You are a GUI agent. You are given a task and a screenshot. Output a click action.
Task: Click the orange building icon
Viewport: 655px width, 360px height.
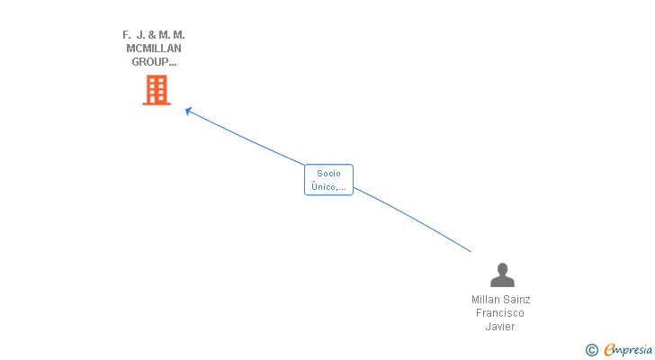pyautogui.click(x=157, y=90)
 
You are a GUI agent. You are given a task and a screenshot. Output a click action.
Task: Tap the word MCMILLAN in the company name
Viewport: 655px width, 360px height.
pyautogui.click(x=154, y=49)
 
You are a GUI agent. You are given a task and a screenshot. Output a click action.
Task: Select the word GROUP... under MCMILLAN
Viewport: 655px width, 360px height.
pyautogui.click(x=154, y=63)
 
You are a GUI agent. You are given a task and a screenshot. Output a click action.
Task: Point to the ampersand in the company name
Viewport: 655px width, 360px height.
pyautogui.click(x=152, y=35)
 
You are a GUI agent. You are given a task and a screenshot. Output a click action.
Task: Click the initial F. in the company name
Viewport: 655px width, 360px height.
pyautogui.click(x=127, y=35)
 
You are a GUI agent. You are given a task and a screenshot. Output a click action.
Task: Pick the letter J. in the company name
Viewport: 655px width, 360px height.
pyautogui.click(x=140, y=35)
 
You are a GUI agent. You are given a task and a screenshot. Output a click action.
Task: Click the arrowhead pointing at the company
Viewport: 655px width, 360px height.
pyautogui.click(x=188, y=111)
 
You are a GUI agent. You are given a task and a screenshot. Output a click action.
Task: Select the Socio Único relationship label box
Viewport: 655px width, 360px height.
pyautogui.click(x=328, y=180)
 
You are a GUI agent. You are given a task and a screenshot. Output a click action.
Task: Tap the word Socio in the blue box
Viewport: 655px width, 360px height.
pyautogui.click(x=328, y=174)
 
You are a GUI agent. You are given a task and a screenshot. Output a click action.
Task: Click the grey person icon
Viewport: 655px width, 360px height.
pyautogui.click(x=502, y=274)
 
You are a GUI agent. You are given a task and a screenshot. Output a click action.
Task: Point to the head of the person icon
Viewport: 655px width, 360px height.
pyautogui.click(x=502, y=268)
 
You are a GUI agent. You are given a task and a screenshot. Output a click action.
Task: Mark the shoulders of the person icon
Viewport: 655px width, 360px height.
pyautogui.click(x=502, y=281)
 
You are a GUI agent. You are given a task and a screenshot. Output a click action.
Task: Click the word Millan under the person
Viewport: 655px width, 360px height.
pyautogui.click(x=487, y=300)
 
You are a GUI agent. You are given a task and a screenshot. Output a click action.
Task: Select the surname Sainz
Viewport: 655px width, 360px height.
pyautogui.click(x=516, y=300)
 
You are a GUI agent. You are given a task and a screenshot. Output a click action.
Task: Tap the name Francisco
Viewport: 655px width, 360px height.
pyautogui.click(x=500, y=313)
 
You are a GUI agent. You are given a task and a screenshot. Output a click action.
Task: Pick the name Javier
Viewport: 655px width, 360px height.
pyautogui.click(x=500, y=327)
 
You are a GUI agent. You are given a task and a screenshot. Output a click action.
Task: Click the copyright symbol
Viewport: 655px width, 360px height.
pyautogui.click(x=592, y=350)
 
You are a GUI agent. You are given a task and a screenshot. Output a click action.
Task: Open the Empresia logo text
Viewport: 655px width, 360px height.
pyautogui.click(x=631, y=350)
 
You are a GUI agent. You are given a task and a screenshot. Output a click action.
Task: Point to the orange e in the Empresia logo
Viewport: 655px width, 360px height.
pyautogui.click(x=609, y=350)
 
